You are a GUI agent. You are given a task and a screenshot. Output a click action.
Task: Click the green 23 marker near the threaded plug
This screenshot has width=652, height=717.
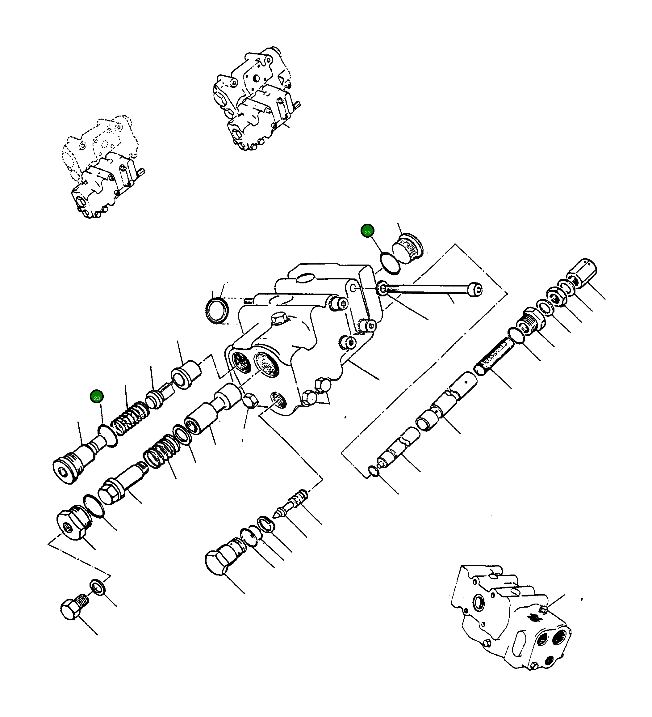[x=367, y=232]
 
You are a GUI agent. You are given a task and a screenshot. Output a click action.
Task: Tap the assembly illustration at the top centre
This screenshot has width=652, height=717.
[x=256, y=99]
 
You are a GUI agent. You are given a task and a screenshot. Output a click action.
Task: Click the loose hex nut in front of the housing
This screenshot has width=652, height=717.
[x=250, y=401]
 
